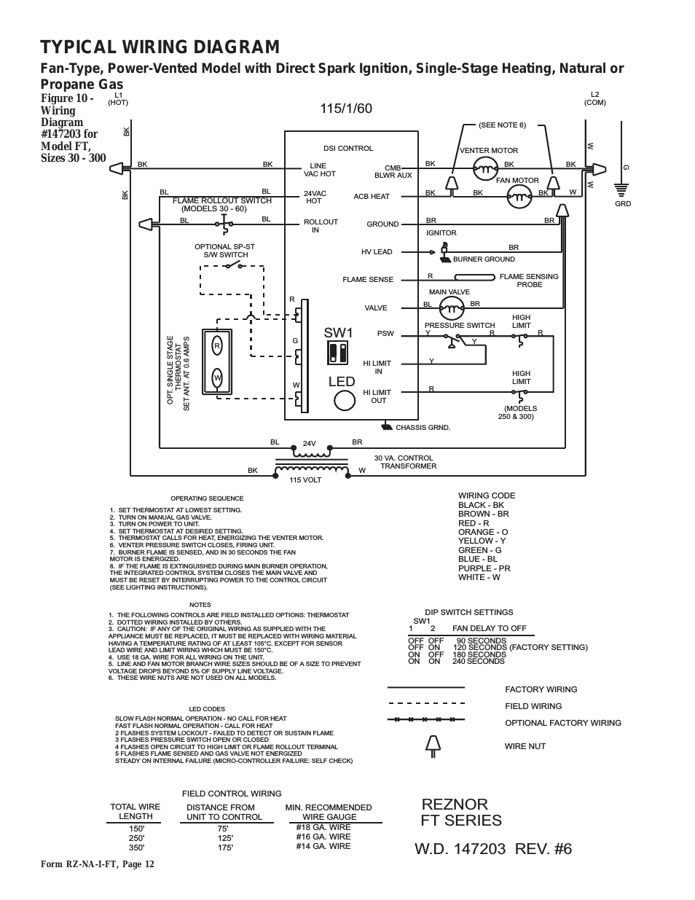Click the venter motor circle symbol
point(485,168)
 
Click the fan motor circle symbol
point(520,196)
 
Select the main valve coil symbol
point(452,308)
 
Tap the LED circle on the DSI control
point(345,400)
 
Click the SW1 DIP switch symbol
point(337,353)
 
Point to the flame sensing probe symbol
point(474,278)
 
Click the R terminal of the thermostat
point(217,346)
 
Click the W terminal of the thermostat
point(217,377)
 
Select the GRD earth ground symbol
point(621,189)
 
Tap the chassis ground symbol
point(387,426)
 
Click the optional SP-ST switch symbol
point(233,265)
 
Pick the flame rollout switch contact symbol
point(224,224)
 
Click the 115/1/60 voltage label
point(346,109)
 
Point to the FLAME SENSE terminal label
point(368,280)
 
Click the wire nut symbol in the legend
point(433,746)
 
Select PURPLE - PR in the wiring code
point(484,568)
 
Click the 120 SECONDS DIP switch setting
point(480,647)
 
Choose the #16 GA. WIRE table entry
point(323,837)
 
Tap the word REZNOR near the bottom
point(455,805)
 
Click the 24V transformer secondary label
point(309,444)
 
